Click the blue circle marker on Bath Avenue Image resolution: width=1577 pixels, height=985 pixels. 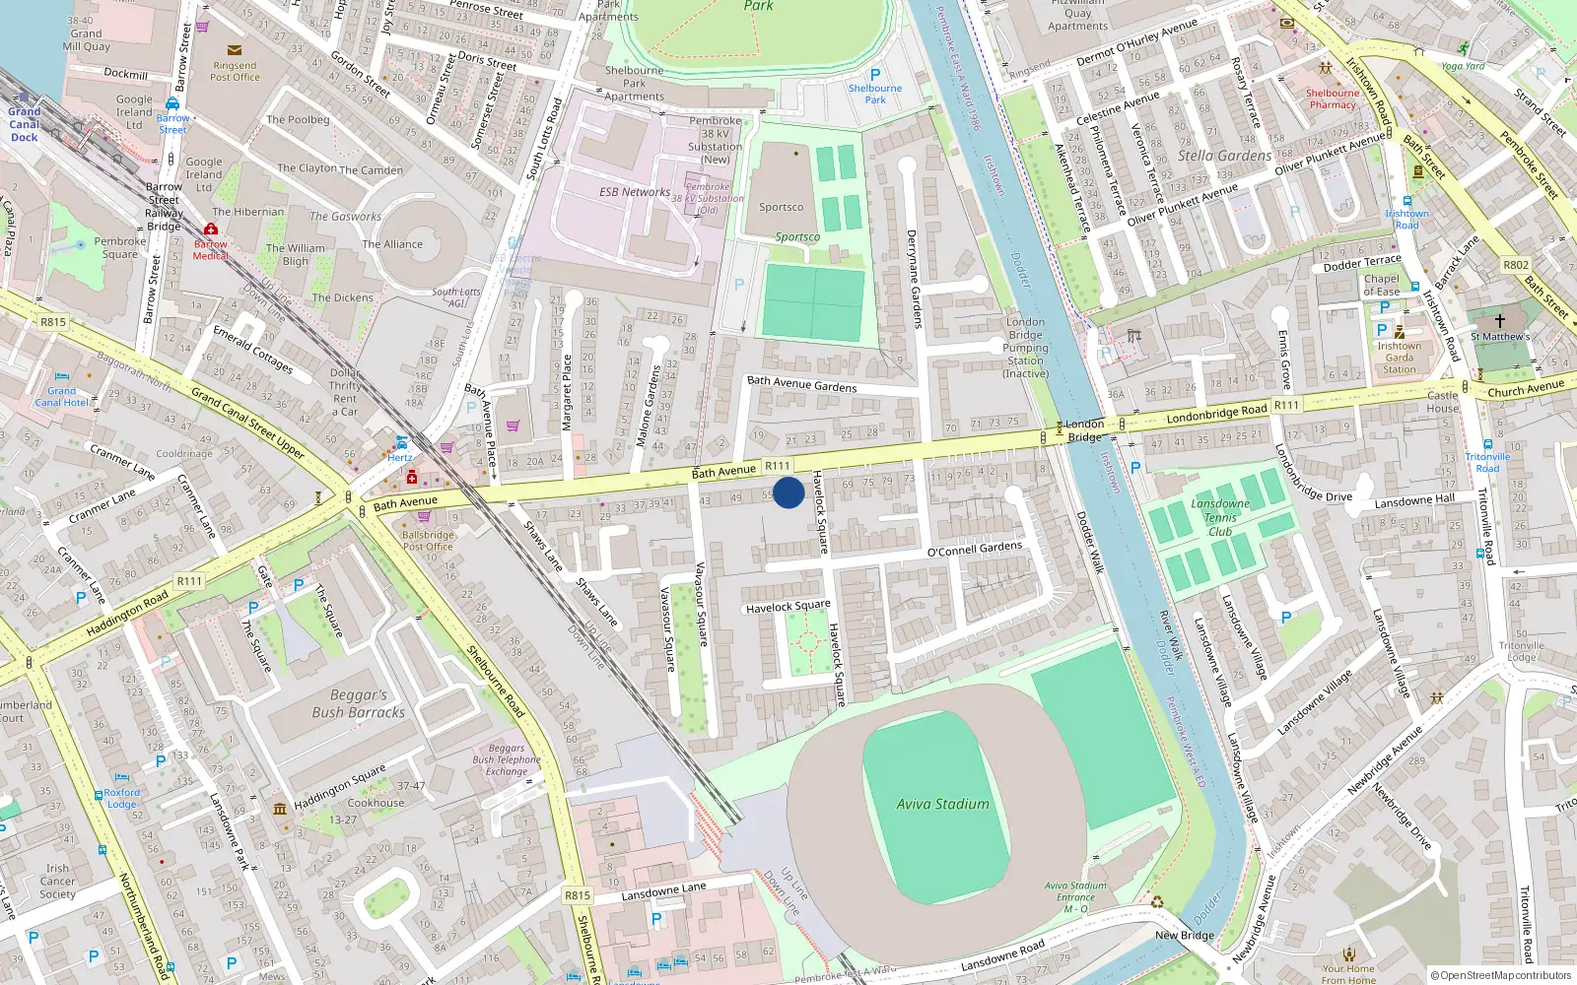(x=788, y=492)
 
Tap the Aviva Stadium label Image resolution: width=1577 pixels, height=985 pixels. (x=942, y=804)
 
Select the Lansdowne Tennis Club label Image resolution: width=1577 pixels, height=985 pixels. (x=1220, y=517)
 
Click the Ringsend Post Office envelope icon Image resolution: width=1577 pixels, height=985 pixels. (x=235, y=50)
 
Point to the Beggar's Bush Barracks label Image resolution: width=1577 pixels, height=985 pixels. (x=358, y=703)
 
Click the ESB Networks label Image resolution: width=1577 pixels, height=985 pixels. (x=634, y=192)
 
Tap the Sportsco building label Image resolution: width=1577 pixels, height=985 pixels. (x=781, y=207)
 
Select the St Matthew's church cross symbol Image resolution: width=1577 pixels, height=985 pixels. (x=1500, y=321)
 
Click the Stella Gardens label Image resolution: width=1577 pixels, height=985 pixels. (x=1224, y=156)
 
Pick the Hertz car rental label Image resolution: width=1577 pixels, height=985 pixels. (x=400, y=457)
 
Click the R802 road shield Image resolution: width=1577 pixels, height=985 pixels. (x=1516, y=265)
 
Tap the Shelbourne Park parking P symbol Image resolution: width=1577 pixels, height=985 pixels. (x=875, y=75)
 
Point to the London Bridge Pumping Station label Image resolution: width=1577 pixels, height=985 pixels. (x=1025, y=348)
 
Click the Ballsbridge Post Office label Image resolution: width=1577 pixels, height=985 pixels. (x=428, y=541)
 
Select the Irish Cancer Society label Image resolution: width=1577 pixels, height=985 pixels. (x=57, y=882)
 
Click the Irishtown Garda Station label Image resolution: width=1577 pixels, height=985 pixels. (x=1399, y=358)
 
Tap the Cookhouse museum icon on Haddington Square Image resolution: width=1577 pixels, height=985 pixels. (x=280, y=809)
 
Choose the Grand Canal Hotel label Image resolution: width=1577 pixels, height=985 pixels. (x=61, y=396)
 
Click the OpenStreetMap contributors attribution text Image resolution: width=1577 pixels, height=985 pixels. (x=1501, y=975)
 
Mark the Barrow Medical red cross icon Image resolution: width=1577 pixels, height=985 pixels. (x=211, y=229)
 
